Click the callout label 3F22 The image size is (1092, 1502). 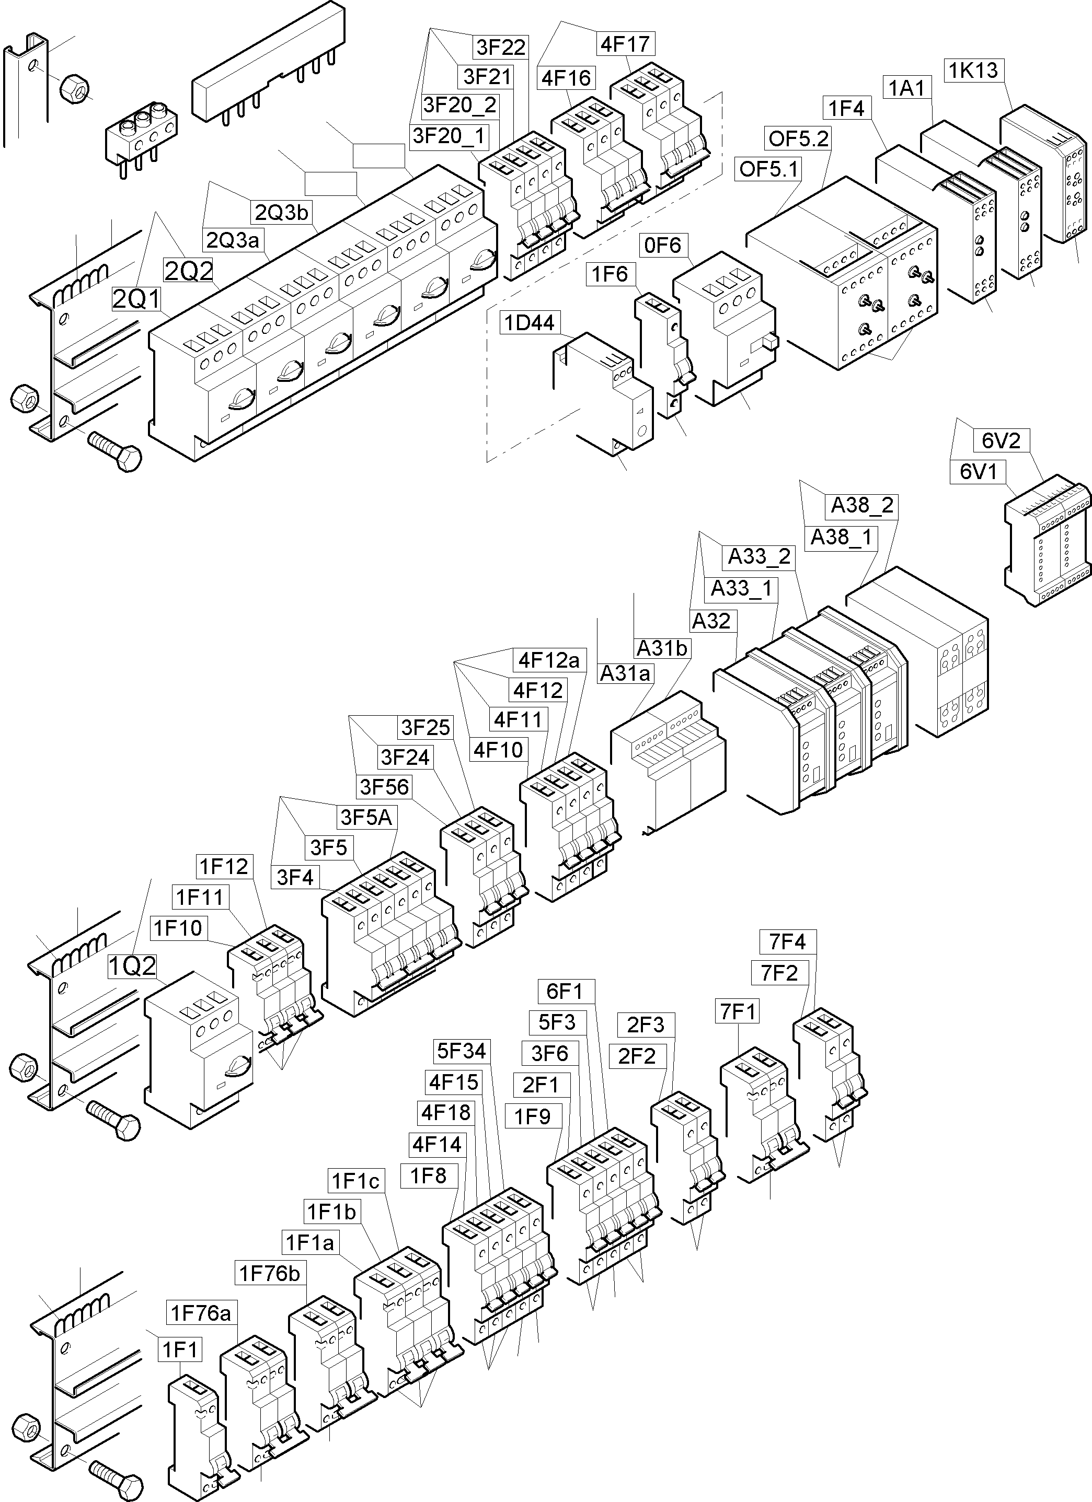[501, 47]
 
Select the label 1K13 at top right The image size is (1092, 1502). [973, 70]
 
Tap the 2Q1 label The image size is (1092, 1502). [136, 299]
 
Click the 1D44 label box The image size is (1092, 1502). [530, 323]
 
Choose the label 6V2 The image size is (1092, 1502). [1001, 440]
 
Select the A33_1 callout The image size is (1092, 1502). [741, 588]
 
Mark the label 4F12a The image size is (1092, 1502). [549, 660]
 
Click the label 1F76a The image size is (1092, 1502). [201, 1312]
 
